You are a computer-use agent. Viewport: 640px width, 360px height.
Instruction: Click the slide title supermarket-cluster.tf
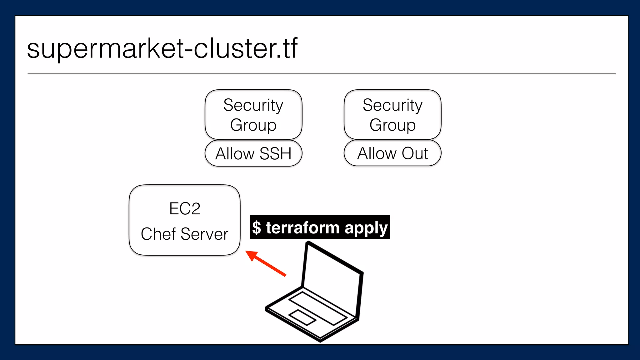pyautogui.click(x=162, y=49)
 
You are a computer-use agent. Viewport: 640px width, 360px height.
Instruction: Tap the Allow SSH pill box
pyautogui.click(x=253, y=153)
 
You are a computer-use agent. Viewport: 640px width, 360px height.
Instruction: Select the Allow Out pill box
pyautogui.click(x=392, y=153)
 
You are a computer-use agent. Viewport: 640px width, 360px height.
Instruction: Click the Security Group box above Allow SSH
pyautogui.click(x=253, y=114)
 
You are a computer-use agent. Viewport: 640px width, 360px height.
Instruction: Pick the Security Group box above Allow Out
pyautogui.click(x=392, y=114)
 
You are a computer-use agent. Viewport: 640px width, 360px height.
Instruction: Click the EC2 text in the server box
pyautogui.click(x=184, y=209)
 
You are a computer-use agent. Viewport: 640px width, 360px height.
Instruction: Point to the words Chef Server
pyautogui.click(x=184, y=234)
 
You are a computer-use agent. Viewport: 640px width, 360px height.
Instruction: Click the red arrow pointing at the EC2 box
pyautogui.click(x=267, y=264)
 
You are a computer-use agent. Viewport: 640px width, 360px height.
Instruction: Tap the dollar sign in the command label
pyautogui.click(x=257, y=227)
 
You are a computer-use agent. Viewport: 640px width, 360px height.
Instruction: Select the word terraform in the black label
pyautogui.click(x=302, y=227)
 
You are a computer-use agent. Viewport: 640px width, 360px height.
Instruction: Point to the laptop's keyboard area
pyautogui.click(x=317, y=308)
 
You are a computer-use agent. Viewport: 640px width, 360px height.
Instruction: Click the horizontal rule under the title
pyautogui.click(x=321, y=74)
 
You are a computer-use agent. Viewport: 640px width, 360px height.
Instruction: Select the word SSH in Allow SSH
pyautogui.click(x=275, y=154)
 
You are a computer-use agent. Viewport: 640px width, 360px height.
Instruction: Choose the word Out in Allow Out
pyautogui.click(x=415, y=153)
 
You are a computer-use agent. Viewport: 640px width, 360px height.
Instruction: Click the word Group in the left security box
pyautogui.click(x=253, y=125)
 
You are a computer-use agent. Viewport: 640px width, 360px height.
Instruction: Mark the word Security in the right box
pyautogui.click(x=392, y=105)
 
